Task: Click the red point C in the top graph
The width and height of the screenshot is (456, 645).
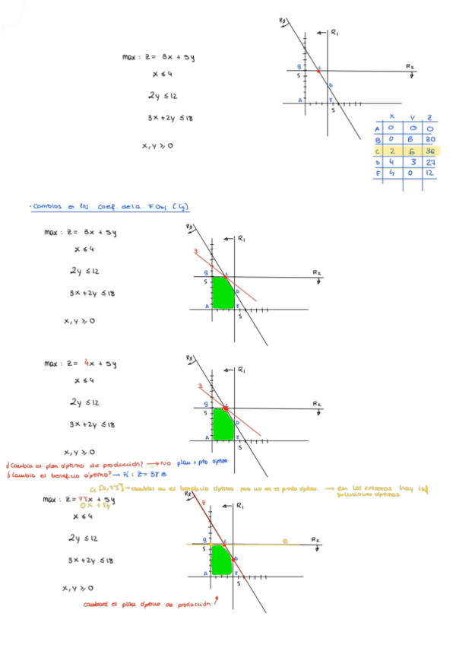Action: tap(318, 71)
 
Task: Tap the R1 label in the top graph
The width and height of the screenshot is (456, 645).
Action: tap(335, 32)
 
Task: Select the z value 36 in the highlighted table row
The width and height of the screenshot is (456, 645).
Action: tap(431, 151)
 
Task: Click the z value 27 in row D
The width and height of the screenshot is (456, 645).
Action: tap(431, 162)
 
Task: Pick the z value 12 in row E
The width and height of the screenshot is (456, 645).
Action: tap(431, 173)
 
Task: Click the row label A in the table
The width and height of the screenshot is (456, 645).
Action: tap(378, 129)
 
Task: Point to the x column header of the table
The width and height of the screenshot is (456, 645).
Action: tap(392, 116)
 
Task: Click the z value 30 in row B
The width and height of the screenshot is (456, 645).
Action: tap(431, 139)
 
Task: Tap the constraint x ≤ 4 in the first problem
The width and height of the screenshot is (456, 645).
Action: tap(162, 75)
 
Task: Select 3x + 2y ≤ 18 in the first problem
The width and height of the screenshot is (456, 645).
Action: tap(170, 118)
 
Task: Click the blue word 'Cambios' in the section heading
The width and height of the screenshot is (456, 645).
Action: tap(46, 206)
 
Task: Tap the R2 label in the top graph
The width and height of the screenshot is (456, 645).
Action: tap(410, 66)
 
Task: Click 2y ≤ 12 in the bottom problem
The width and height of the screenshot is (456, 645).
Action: tap(80, 538)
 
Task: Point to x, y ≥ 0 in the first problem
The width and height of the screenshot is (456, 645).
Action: tap(157, 145)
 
